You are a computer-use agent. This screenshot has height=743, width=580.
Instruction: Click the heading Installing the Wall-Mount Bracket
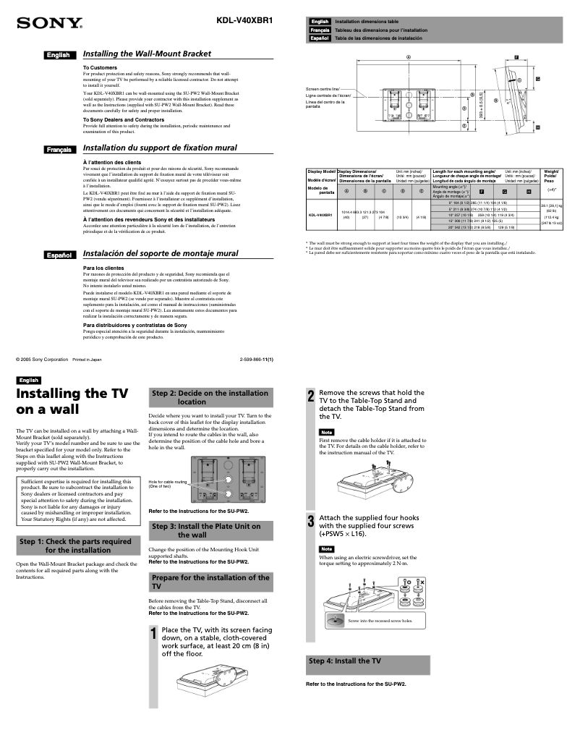147,54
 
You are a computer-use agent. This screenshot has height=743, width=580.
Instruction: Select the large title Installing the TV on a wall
72,402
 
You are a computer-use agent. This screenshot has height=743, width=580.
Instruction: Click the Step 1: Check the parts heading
75,545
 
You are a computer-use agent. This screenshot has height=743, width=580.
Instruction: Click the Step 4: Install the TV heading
345,661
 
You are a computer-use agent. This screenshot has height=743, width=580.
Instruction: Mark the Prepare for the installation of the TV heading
210,582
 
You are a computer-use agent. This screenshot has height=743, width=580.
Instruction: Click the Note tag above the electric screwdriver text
327,549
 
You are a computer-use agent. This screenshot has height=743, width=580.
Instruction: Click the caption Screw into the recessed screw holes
380,621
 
